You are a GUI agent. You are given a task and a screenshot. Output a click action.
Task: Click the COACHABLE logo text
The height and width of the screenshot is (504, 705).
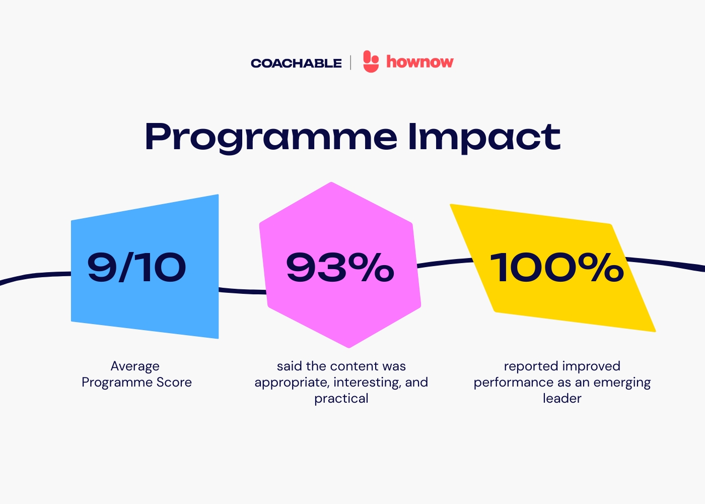296,64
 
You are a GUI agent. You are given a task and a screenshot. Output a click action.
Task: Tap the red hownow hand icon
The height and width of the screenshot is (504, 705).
371,61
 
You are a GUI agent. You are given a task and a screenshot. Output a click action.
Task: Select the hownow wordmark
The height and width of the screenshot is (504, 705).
420,61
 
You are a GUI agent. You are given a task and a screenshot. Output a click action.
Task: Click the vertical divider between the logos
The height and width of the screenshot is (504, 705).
350,62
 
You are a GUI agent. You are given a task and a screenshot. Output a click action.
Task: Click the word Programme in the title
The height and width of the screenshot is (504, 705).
271,138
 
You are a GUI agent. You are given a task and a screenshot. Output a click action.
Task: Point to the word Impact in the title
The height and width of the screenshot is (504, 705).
484,138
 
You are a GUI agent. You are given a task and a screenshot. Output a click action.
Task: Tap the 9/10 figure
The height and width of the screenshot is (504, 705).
136,267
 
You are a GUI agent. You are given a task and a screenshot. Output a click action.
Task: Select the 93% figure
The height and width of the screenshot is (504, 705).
340,267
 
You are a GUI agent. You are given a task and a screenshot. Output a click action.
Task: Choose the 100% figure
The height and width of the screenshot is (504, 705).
556,267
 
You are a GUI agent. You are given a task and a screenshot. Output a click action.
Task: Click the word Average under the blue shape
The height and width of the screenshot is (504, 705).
135,366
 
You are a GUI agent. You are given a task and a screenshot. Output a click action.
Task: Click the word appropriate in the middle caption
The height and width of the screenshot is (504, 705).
292,383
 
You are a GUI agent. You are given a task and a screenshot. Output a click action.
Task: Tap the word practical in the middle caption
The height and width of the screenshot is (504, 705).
341,399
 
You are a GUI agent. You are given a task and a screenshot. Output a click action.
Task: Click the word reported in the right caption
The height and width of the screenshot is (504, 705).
531,367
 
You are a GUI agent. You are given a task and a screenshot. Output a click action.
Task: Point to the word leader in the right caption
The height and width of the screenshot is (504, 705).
562,399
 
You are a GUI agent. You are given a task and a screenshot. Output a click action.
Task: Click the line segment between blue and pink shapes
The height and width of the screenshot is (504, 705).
242,291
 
